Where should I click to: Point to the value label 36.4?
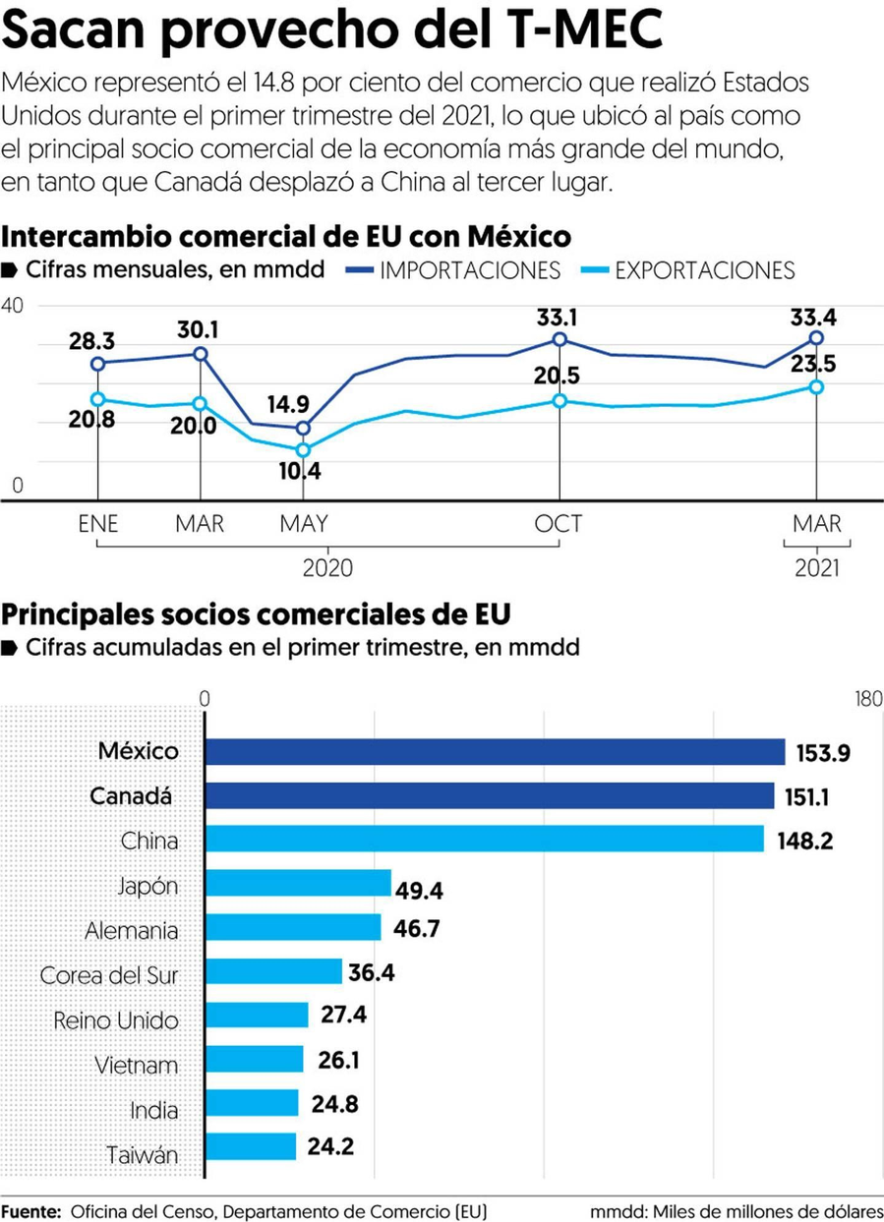[x=372, y=972]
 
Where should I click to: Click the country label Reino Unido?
[x=116, y=1019]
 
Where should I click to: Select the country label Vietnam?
[x=137, y=1065]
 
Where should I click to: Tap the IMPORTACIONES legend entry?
[x=469, y=270]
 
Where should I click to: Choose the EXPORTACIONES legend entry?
[x=703, y=270]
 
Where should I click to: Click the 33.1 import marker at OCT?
[x=560, y=339]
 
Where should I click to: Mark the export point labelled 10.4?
[x=303, y=449]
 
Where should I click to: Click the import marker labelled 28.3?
[x=97, y=364]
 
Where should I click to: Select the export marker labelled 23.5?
[x=816, y=386]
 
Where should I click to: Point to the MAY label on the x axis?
[x=303, y=523]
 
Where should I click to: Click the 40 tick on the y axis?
[x=12, y=306]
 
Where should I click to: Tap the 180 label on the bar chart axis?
[x=868, y=699]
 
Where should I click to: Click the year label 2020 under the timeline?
[x=327, y=569]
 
